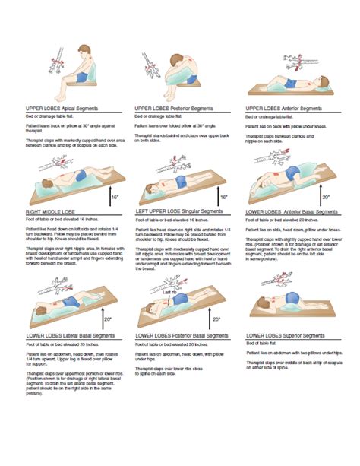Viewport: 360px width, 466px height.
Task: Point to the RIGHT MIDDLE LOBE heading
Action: tap(49, 211)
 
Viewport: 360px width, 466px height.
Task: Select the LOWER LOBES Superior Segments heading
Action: tap(289, 334)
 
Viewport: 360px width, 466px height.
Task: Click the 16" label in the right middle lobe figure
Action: tap(114, 196)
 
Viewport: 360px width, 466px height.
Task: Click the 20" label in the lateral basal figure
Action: tap(109, 319)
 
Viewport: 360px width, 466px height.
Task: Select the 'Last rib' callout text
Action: tap(172, 290)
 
